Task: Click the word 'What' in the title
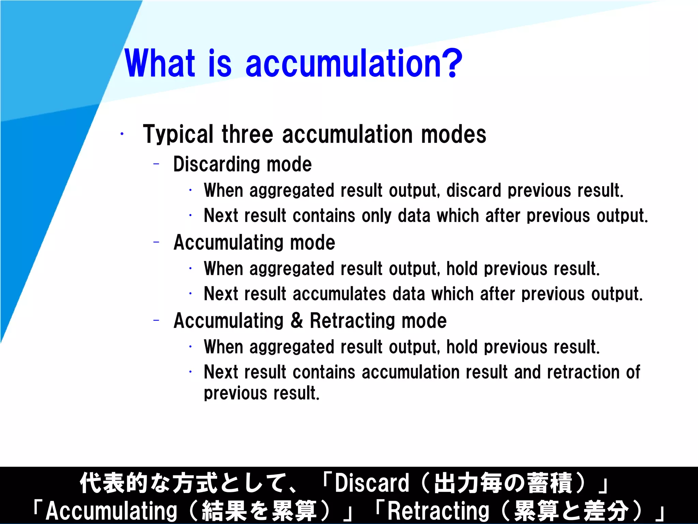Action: [160, 63]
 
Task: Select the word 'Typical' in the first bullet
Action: [178, 135]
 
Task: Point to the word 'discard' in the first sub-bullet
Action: [474, 190]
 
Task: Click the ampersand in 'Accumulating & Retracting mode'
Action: [297, 321]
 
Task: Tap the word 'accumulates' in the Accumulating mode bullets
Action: [339, 294]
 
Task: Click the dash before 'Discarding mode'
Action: [156, 164]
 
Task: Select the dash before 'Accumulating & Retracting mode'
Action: [156, 321]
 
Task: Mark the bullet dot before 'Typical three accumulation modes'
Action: [122, 134]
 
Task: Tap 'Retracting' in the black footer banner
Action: [438, 511]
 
